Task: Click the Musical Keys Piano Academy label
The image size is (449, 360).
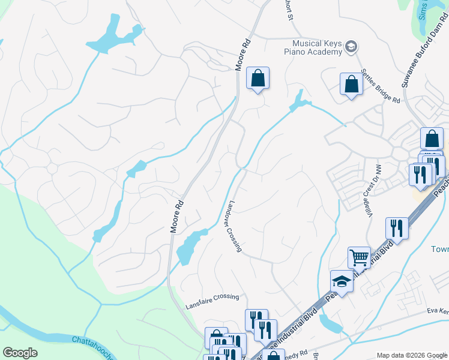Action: click(316, 47)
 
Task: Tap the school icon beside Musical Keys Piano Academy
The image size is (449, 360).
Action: click(352, 47)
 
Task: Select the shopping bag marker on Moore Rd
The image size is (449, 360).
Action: click(258, 78)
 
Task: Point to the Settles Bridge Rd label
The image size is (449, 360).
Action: click(379, 89)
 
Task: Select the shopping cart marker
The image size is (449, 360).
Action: click(359, 258)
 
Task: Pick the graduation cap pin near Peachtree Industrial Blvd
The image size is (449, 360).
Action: click(342, 281)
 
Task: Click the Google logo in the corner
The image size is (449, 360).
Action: click(20, 353)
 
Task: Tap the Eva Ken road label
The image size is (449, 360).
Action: click(438, 311)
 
